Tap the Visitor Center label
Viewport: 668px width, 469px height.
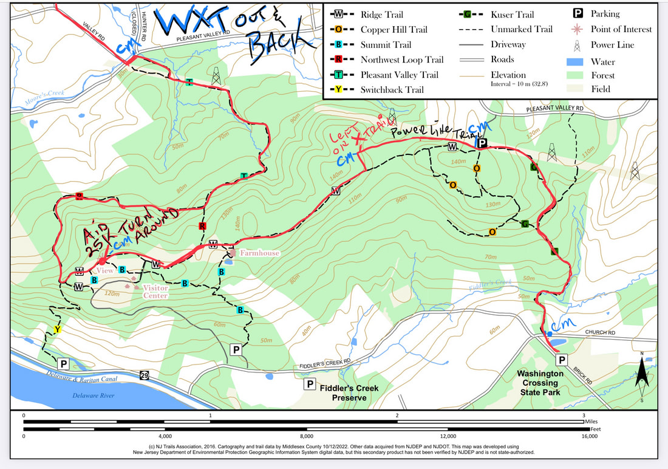coord(155,292)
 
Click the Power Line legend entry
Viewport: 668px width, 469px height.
coord(612,45)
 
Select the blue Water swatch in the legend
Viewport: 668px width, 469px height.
coord(574,61)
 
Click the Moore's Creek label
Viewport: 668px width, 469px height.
coord(44,92)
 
